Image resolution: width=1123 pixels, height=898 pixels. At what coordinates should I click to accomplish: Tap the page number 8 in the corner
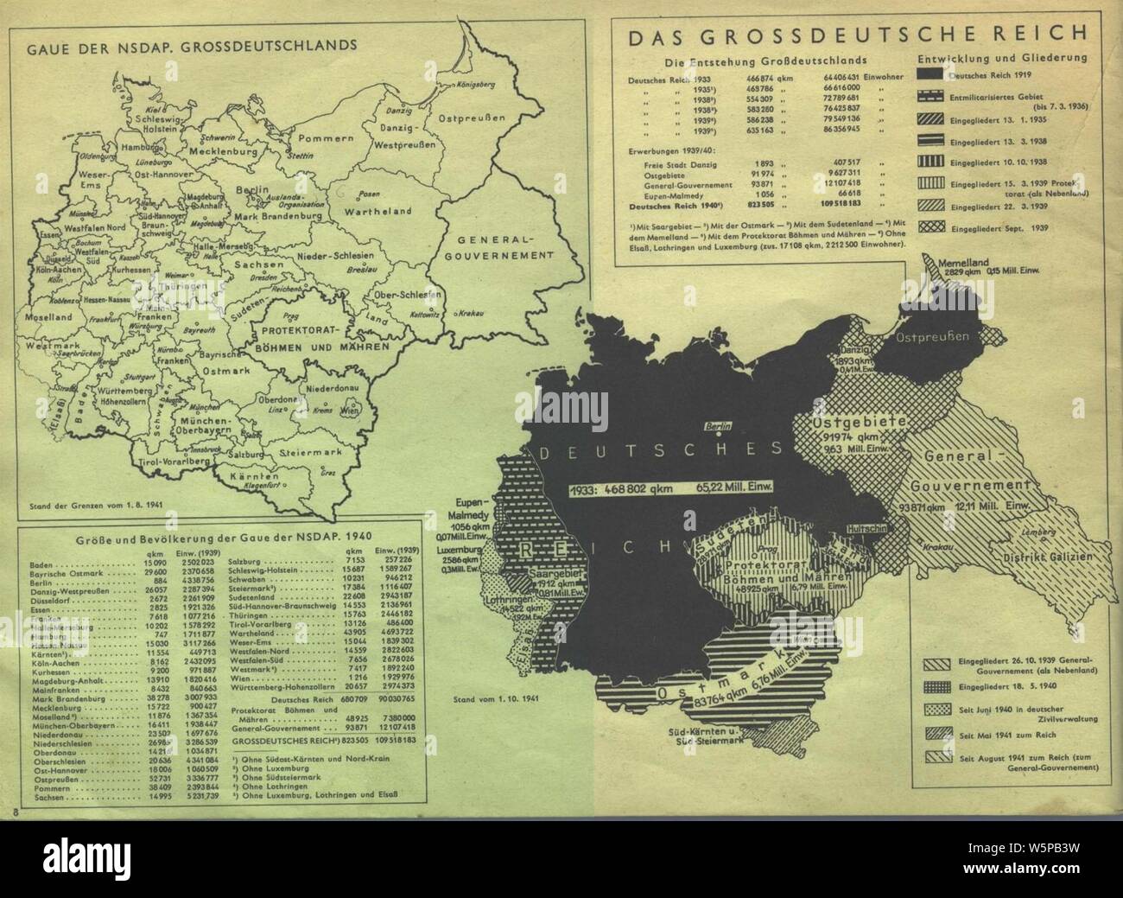point(16,809)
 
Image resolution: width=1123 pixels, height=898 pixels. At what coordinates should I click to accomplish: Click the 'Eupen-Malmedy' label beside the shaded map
point(478,506)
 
